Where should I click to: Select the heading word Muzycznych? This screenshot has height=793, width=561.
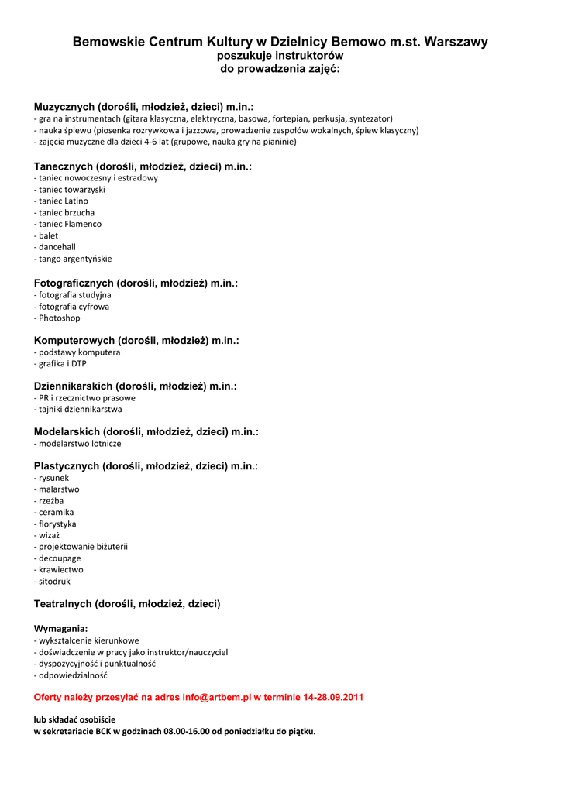click(x=64, y=106)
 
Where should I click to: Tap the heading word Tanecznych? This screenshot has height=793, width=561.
click(x=64, y=166)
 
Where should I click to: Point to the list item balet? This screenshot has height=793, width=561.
click(x=48, y=235)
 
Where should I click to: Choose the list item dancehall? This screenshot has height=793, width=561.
click(x=57, y=247)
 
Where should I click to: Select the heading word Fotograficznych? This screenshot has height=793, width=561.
click(x=74, y=283)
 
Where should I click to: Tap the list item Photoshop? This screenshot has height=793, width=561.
click(x=59, y=318)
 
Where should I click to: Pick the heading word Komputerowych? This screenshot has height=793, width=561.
click(x=74, y=340)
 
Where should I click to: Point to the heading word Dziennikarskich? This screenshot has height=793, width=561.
click(x=74, y=386)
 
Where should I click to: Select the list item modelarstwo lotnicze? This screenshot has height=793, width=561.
click(x=80, y=444)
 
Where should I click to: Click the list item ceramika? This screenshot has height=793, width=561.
click(x=57, y=512)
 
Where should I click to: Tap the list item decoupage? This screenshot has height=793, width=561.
click(x=60, y=558)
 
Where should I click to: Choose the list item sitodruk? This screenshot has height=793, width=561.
click(x=54, y=581)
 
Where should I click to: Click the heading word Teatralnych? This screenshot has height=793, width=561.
click(x=63, y=603)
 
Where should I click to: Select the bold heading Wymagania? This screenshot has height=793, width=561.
click(x=60, y=628)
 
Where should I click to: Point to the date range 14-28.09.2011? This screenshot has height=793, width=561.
click(x=329, y=697)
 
